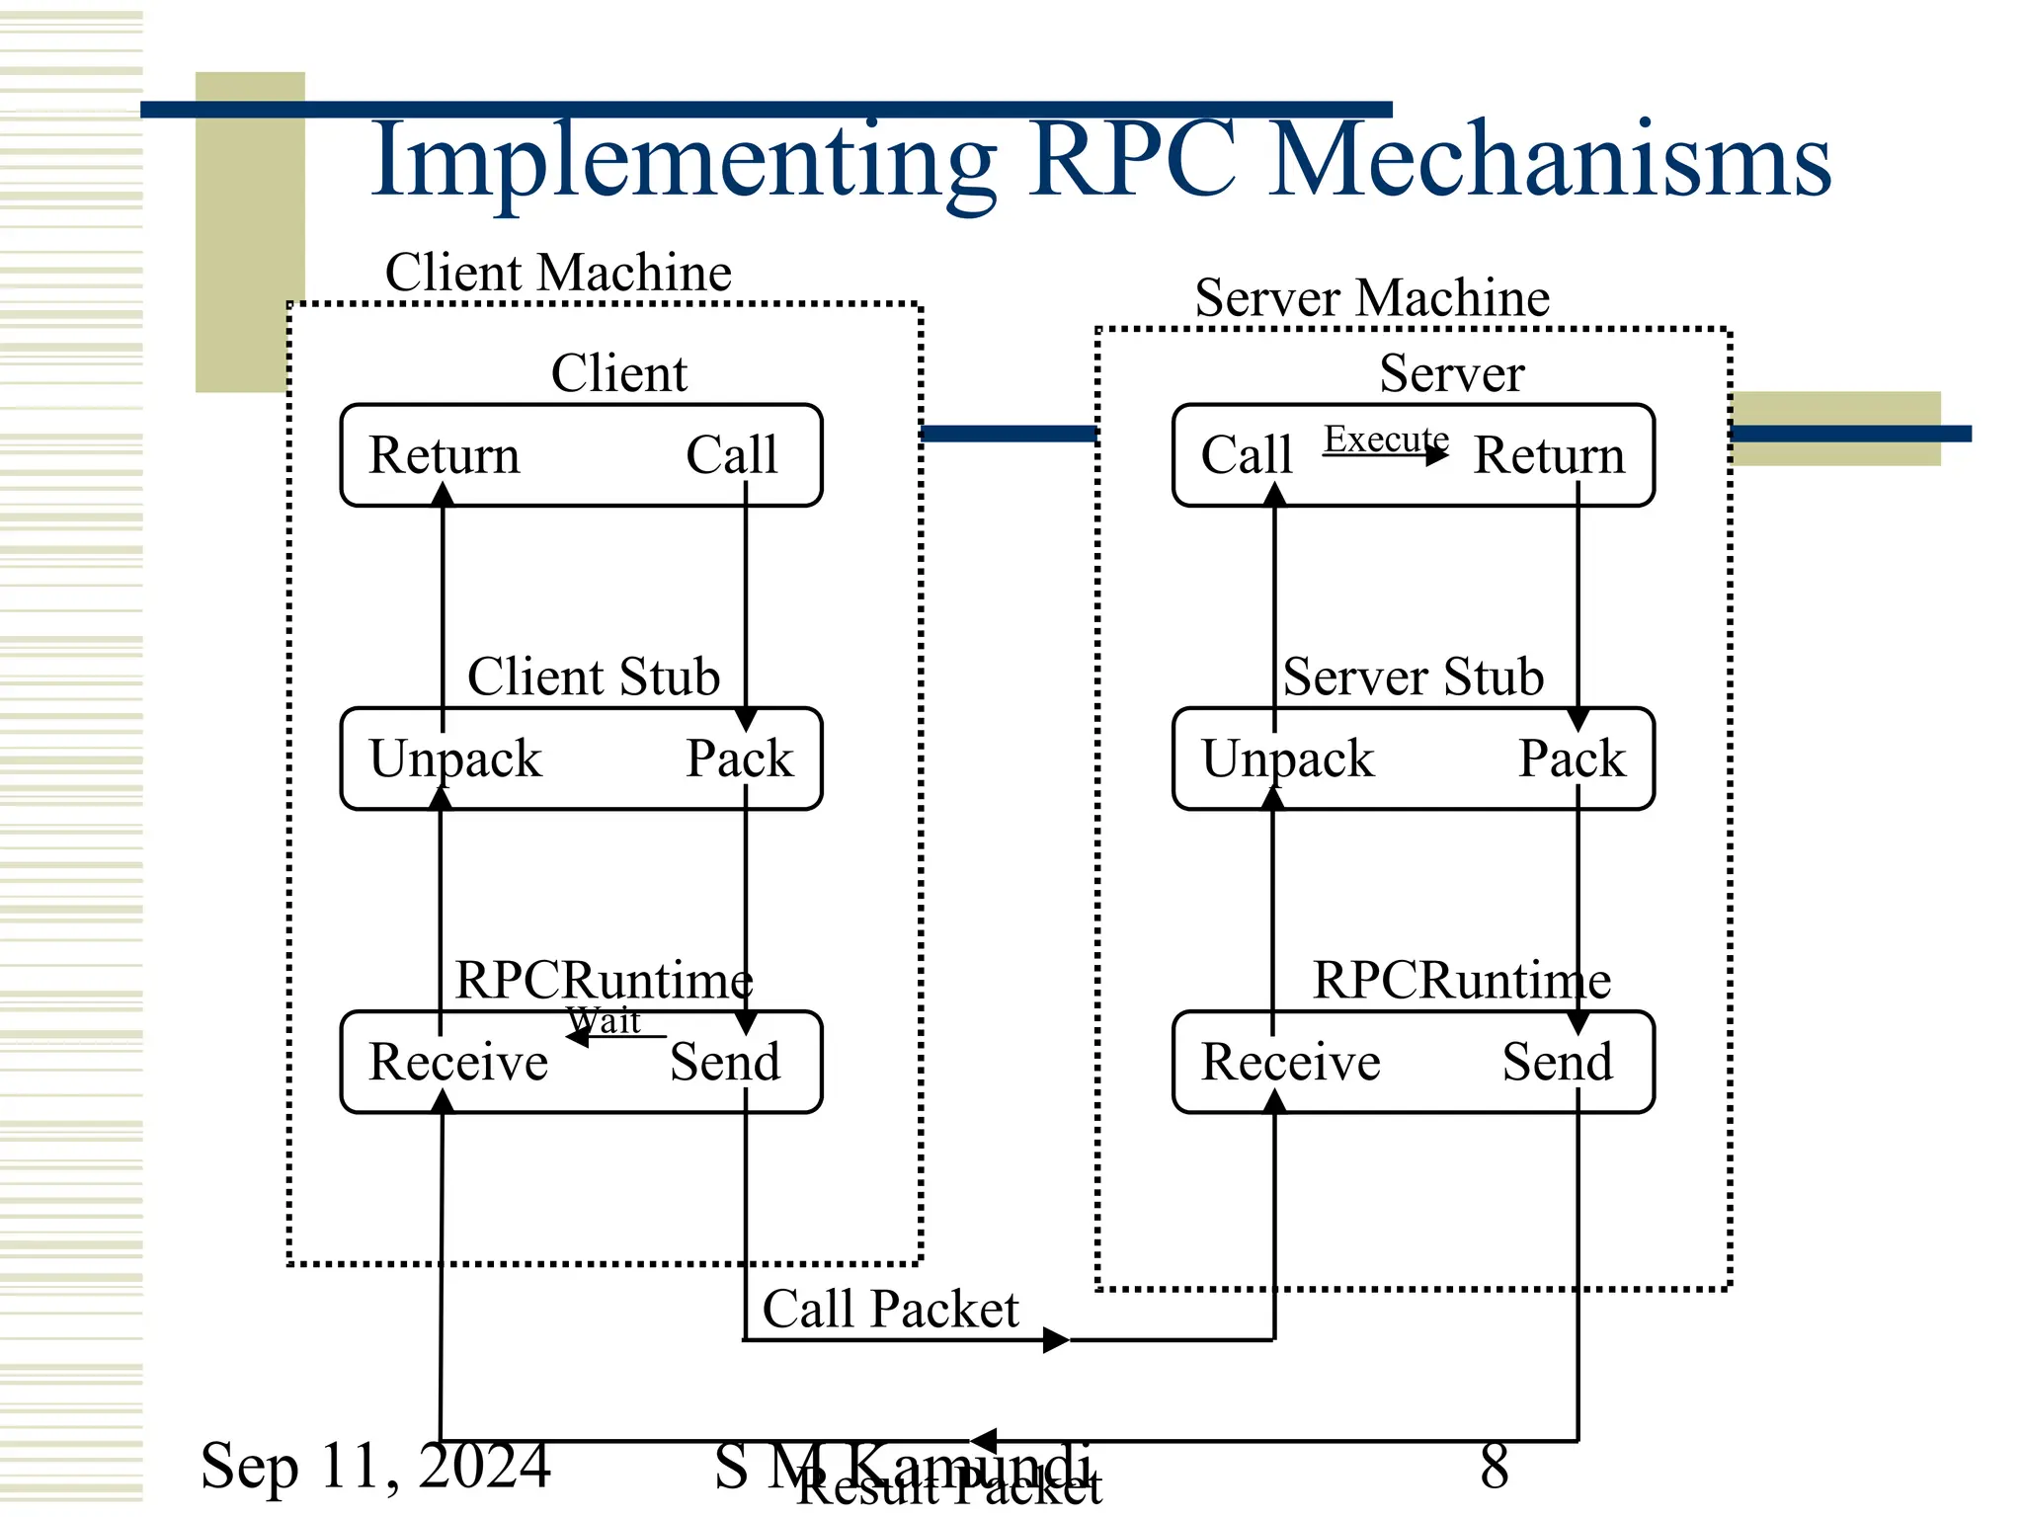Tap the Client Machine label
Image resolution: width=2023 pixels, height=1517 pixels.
coord(558,273)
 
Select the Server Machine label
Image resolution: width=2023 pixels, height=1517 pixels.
coord(1372,297)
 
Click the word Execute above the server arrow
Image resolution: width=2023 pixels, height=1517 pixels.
coord(1386,439)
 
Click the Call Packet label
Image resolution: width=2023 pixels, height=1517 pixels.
coord(890,1310)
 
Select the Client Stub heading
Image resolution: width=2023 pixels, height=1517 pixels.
coord(594,678)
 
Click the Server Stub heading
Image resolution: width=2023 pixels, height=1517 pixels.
coord(1413,678)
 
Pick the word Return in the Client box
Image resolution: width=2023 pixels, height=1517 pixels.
coord(445,455)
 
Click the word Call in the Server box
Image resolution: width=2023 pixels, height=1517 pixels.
coord(1247,455)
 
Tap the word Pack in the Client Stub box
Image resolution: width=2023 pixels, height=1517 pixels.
coord(740,758)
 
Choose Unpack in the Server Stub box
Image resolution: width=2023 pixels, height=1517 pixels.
coord(1287,758)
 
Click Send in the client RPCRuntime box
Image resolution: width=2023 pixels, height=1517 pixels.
coord(725,1063)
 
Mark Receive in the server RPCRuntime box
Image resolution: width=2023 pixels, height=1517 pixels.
coord(1290,1063)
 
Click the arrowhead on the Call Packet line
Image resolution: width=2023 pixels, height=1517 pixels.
coord(1056,1340)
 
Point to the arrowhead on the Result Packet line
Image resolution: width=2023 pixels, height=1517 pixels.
coord(983,1441)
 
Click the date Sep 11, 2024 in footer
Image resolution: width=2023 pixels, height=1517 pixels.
coord(375,1466)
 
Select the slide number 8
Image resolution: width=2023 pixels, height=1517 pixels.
coord(1495,1466)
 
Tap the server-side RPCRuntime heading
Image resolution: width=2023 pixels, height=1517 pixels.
coord(1462,981)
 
